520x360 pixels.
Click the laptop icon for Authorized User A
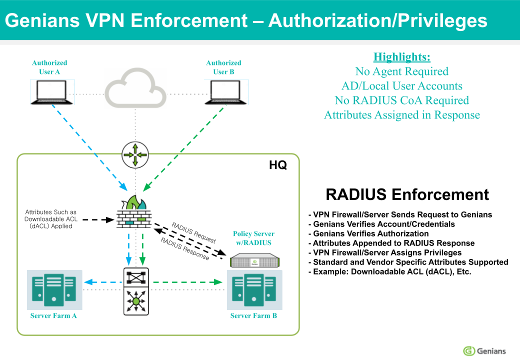[52, 92]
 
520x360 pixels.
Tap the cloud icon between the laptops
[135, 90]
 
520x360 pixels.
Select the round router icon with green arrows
[135, 154]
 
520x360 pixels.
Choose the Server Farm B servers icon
[254, 290]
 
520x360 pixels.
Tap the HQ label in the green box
[278, 165]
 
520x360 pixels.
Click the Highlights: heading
[402, 56]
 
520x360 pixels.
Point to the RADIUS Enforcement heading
[407, 194]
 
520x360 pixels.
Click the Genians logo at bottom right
[484, 350]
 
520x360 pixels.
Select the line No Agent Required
[402, 71]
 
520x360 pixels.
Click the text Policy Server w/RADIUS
[254, 238]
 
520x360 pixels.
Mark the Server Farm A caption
[53, 315]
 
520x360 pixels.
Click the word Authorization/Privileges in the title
[378, 20]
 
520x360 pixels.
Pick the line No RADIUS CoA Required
[402, 100]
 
